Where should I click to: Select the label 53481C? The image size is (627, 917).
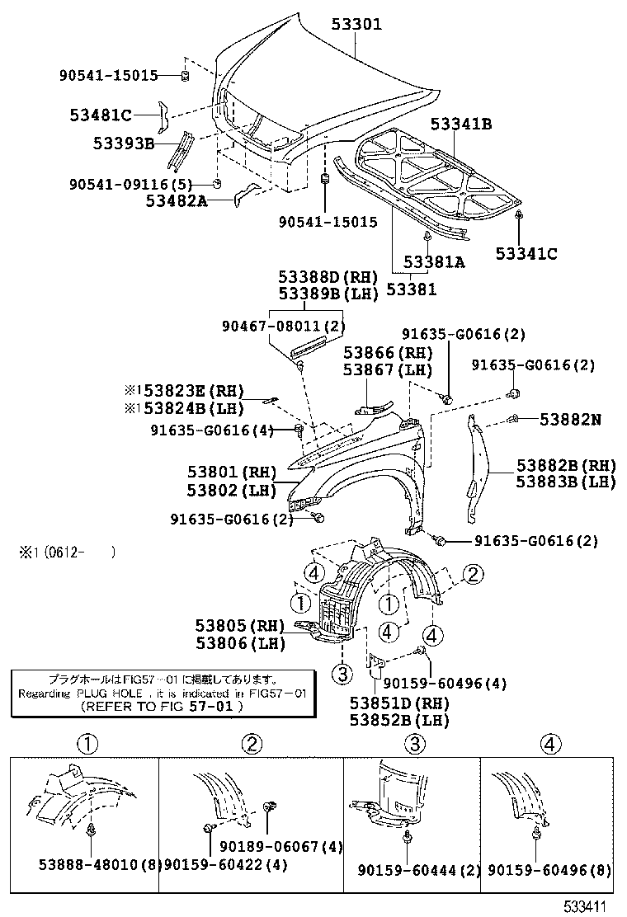[x=102, y=114]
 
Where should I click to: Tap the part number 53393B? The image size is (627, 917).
[x=123, y=143]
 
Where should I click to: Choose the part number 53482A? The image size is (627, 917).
[x=177, y=200]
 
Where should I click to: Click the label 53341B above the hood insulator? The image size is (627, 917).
[x=460, y=125]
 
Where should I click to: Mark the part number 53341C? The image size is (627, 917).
[x=526, y=253]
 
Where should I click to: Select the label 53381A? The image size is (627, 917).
[x=434, y=262]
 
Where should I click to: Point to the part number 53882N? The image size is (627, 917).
[x=570, y=420]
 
